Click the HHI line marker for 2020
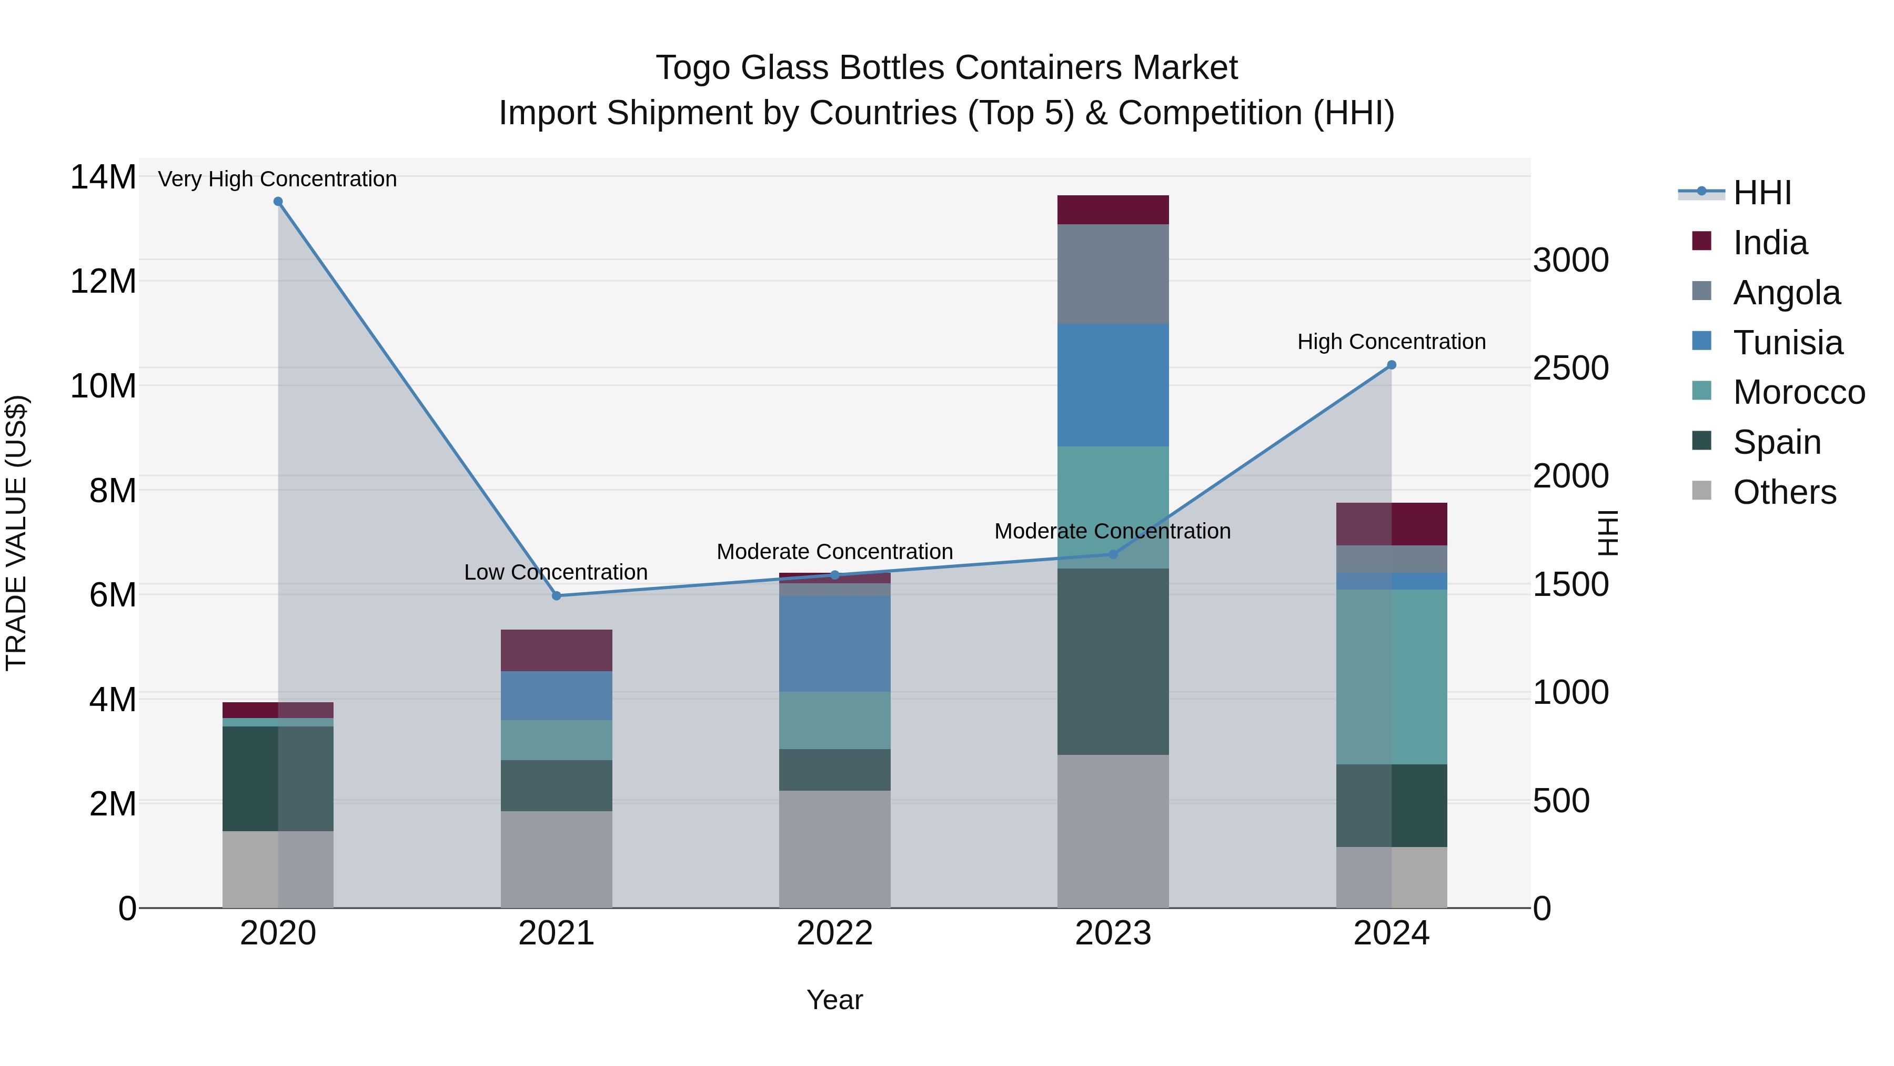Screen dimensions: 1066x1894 278,202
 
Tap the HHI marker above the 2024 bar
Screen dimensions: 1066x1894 1391,365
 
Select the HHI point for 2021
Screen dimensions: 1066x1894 557,596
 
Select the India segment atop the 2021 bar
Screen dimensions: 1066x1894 557,650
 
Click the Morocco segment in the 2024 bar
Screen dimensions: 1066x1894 1391,677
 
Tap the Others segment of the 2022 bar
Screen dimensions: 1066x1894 834,849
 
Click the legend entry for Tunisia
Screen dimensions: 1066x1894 1787,343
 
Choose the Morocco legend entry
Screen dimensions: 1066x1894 1798,392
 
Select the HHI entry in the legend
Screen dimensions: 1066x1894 1761,193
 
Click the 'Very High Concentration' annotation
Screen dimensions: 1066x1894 277,179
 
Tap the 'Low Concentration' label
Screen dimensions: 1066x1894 556,572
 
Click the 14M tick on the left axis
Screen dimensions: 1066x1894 103,177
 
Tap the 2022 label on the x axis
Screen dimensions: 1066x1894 834,933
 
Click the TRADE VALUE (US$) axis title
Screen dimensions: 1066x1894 16,533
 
